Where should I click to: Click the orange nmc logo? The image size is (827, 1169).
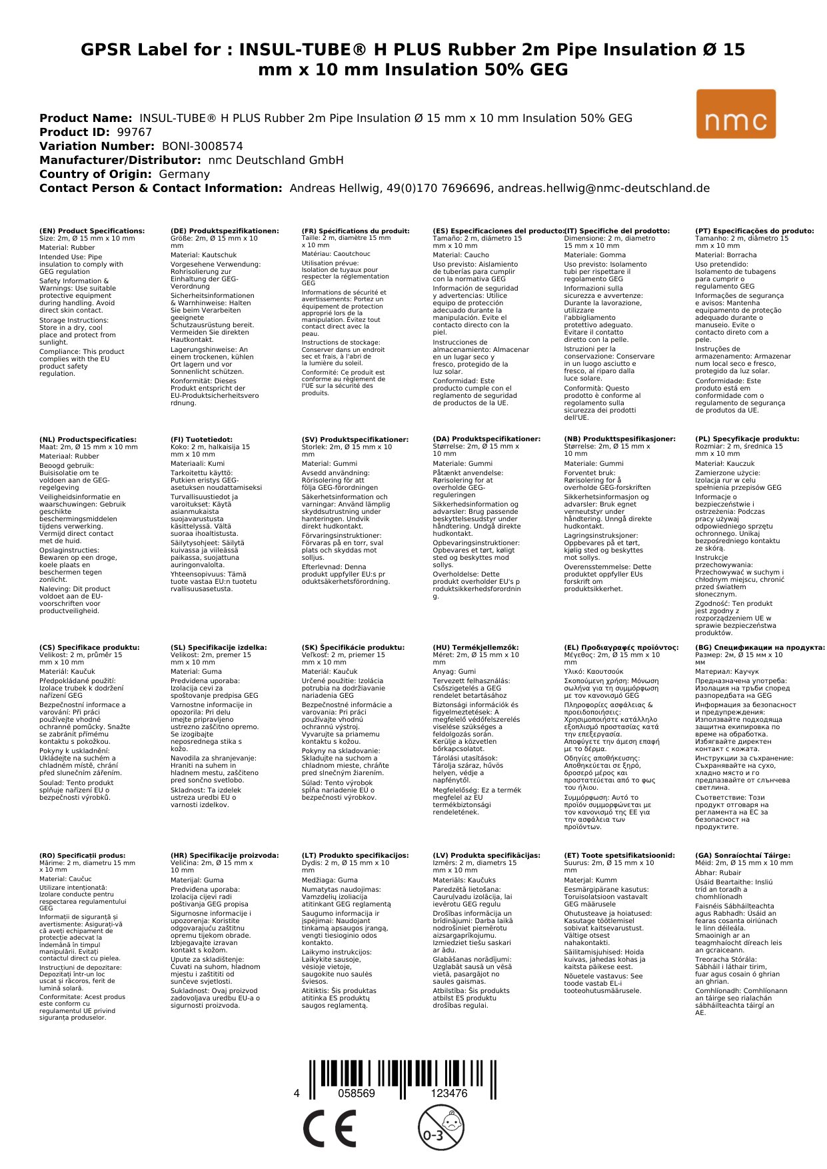pos(736,114)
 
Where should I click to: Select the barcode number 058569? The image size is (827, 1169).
pos(357,1094)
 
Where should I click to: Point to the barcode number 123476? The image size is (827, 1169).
pos(449,1094)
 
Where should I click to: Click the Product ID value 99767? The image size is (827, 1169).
pos(135,132)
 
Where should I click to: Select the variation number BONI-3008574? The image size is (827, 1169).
pos(203,146)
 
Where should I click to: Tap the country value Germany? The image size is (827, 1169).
pos(185,174)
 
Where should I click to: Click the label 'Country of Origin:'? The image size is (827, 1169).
pos(97,174)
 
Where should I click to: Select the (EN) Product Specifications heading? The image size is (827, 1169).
pos(92,231)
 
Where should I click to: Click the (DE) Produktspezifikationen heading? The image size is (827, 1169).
pos(225,231)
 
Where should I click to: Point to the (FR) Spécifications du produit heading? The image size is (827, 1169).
pos(355,231)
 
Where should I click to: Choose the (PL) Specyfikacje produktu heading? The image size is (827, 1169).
pos(747,439)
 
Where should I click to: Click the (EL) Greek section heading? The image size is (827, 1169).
pos(621,647)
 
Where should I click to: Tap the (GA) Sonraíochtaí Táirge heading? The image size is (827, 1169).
pos(742,855)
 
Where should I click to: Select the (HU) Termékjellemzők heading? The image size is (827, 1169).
pos(475,647)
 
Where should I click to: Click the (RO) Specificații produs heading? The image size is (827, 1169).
pos(83,855)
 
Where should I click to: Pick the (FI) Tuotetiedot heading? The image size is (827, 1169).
pos(201,439)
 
